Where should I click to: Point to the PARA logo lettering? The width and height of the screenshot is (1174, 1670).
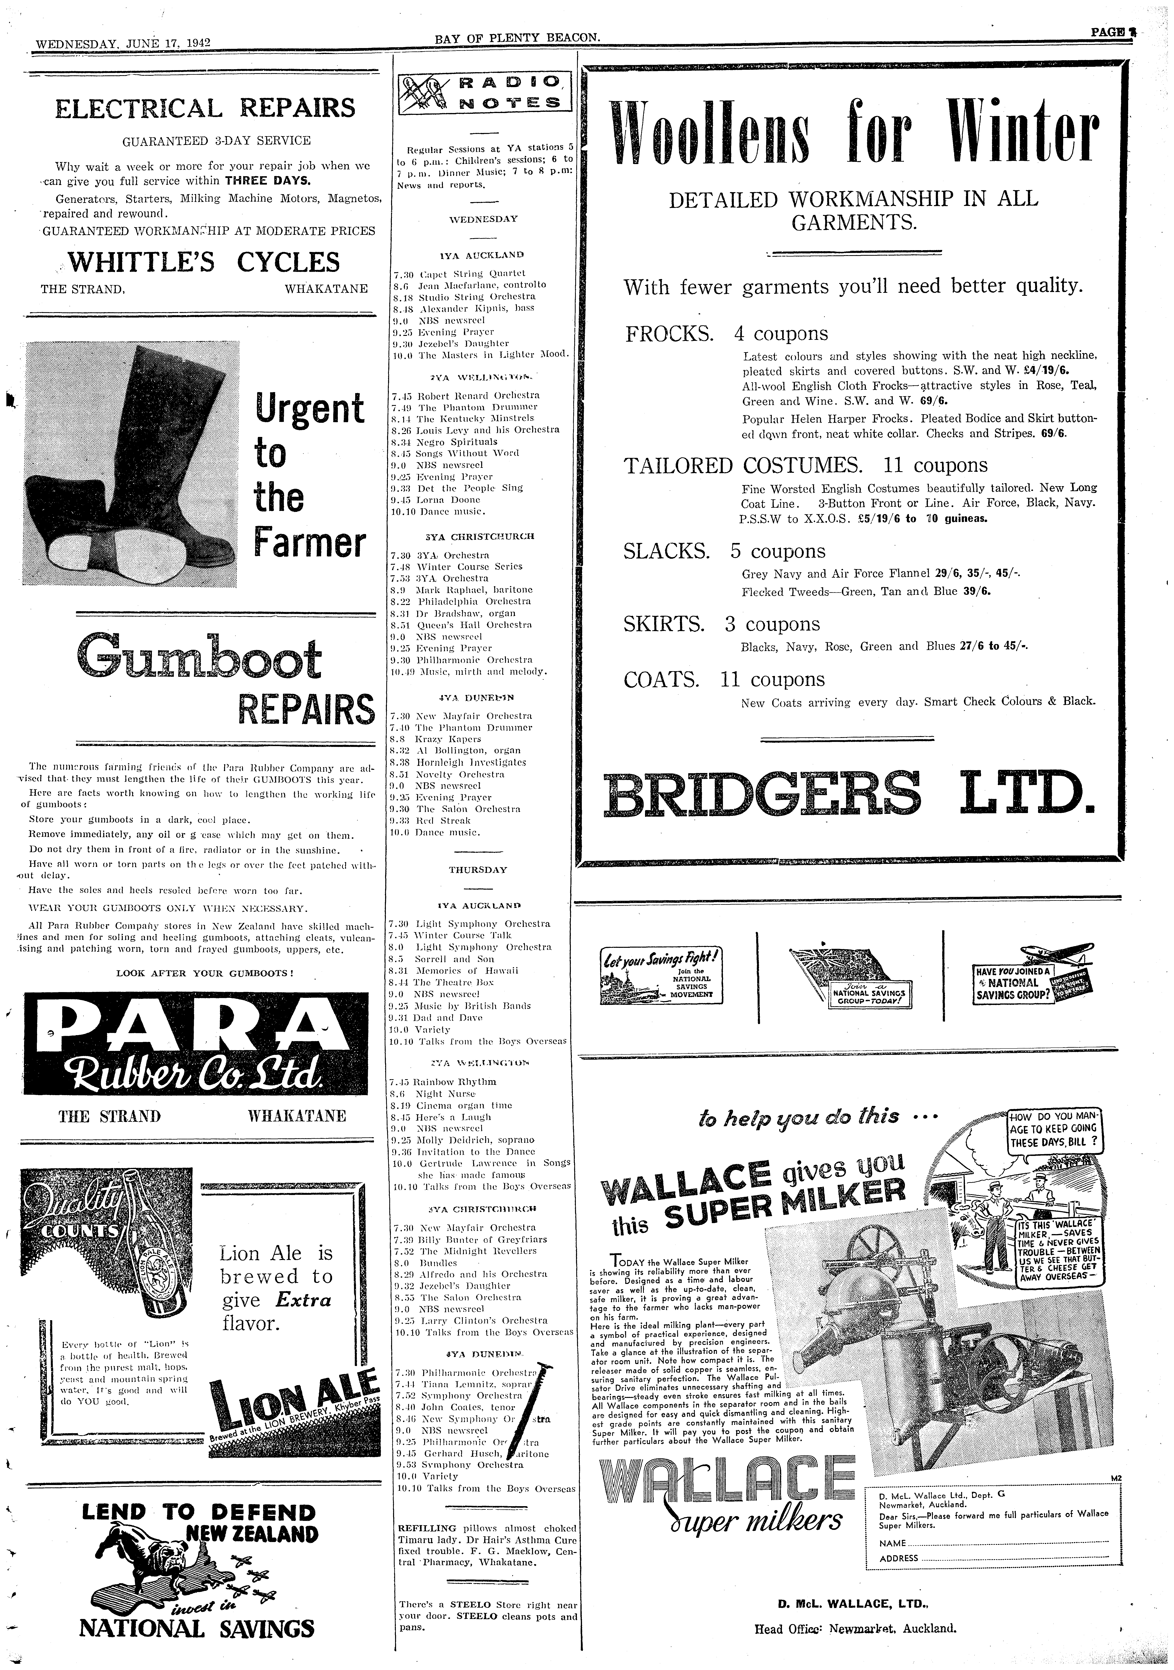196,1027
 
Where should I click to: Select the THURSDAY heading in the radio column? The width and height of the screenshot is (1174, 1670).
478,870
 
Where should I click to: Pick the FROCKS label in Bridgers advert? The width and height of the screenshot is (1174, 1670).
669,334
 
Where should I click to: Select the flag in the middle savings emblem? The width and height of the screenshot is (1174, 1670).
829,965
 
